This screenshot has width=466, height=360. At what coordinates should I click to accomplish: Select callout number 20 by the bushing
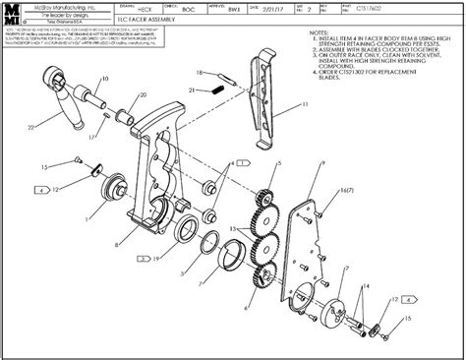pyautogui.click(x=144, y=94)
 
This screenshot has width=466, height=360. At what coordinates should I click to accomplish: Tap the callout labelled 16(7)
pyautogui.click(x=345, y=189)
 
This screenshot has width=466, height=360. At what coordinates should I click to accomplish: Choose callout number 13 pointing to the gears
pyautogui.click(x=233, y=228)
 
